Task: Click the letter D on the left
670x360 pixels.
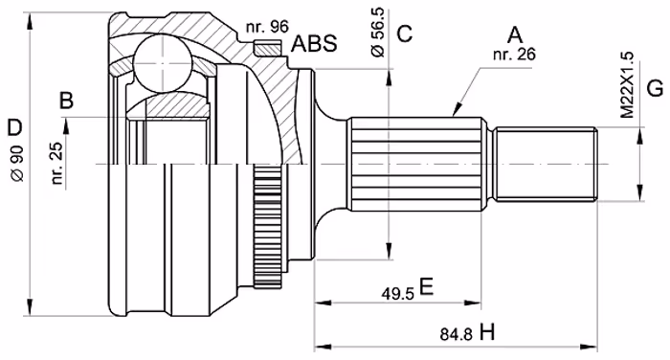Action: pyautogui.click(x=14, y=128)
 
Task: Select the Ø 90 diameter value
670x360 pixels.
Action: pyautogui.click(x=18, y=164)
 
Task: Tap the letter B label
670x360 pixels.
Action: pyautogui.click(x=67, y=101)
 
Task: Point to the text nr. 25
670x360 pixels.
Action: pyautogui.click(x=56, y=163)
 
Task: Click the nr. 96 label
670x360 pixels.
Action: pyautogui.click(x=267, y=27)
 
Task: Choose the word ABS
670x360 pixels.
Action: pyautogui.click(x=314, y=43)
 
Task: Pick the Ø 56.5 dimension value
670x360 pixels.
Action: pyautogui.click(x=379, y=32)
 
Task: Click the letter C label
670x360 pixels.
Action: pyautogui.click(x=404, y=34)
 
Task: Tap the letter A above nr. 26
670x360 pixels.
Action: pyautogui.click(x=515, y=35)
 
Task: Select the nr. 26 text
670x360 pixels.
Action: pyautogui.click(x=514, y=55)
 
